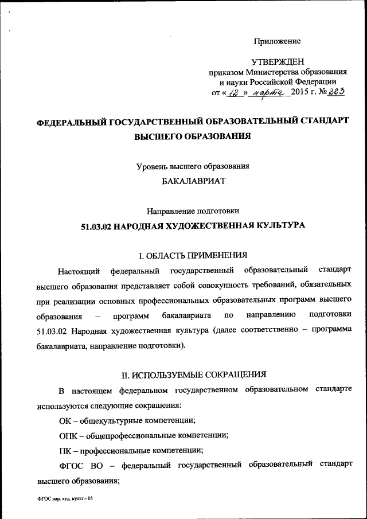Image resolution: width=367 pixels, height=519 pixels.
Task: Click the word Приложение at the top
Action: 278,41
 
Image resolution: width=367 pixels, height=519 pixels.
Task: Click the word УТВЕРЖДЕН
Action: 278,61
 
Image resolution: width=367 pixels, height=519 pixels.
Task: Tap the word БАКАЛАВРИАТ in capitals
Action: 193,181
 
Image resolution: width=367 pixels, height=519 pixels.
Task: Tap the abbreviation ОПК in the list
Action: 68,435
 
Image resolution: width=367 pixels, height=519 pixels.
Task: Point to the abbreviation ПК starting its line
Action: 65,450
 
